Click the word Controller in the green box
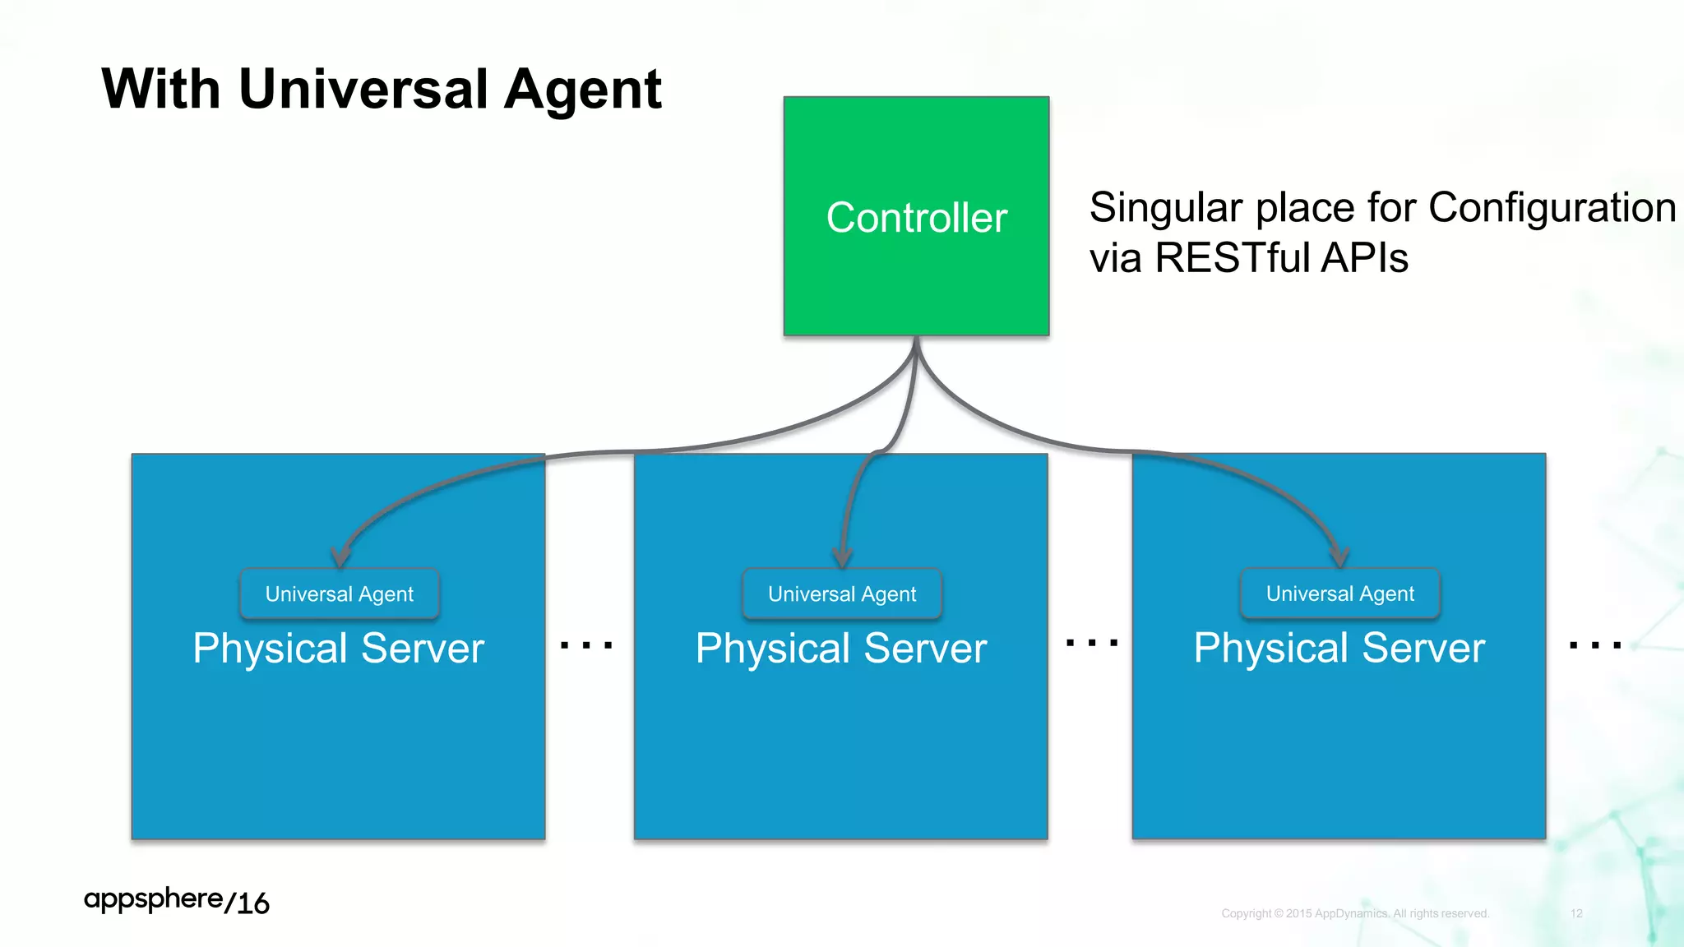[916, 218]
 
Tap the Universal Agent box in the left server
[340, 594]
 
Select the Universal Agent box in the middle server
[842, 594]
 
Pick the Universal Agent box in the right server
[1340, 593]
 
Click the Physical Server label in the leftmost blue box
[338, 648]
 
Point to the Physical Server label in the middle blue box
[841, 648]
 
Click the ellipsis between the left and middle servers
[586, 645]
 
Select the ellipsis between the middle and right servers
[1091, 642]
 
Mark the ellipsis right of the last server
[1595, 645]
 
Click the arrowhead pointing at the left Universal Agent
[340, 557]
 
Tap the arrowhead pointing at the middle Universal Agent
[842, 558]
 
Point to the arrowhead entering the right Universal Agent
[1339, 557]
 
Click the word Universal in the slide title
[368, 89]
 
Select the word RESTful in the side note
[1233, 257]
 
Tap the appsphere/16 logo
[177, 901]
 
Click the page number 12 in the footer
[1576, 913]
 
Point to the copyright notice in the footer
[1355, 913]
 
